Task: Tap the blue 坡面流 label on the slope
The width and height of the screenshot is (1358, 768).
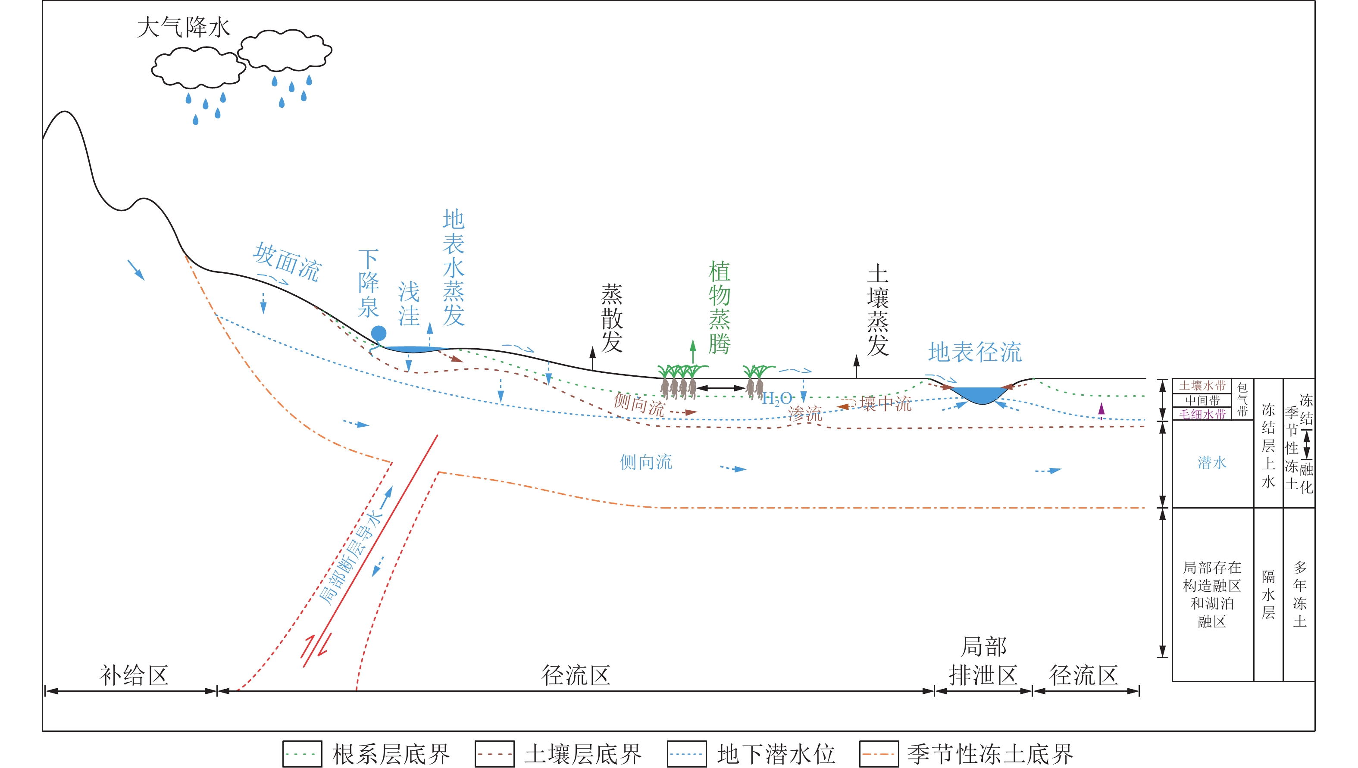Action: [x=287, y=262]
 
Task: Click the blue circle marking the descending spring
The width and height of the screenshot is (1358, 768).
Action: [x=379, y=333]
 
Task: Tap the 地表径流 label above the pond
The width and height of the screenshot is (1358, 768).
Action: [x=975, y=353]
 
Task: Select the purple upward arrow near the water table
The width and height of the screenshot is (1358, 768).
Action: [x=1101, y=409]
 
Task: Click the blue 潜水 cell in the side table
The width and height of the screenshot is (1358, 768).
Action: [x=1212, y=462]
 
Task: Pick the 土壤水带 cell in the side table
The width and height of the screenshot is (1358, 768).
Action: [x=1202, y=386]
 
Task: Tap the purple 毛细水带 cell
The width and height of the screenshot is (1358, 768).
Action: [x=1202, y=415]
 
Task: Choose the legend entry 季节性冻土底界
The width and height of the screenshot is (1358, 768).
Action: [x=966, y=754]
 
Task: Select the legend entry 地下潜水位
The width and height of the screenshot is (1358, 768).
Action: [x=751, y=754]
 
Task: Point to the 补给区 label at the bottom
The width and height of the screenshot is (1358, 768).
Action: [x=134, y=676]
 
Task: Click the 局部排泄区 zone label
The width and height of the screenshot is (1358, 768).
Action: [x=983, y=662]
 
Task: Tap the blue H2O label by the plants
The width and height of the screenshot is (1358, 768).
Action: [x=776, y=399]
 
